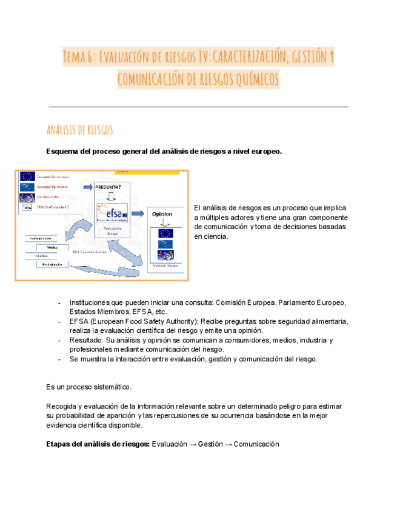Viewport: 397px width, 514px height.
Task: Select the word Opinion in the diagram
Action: pos(162,214)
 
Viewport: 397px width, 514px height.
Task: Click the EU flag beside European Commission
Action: pos(27,177)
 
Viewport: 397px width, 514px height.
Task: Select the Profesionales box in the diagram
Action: pos(51,265)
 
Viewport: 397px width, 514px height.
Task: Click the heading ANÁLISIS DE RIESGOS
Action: pos(79,130)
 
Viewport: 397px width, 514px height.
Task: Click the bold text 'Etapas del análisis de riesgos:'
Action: pos(98,444)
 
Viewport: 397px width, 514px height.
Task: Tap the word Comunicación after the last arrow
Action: pos(256,444)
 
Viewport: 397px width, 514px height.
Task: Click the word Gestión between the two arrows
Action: pos(210,444)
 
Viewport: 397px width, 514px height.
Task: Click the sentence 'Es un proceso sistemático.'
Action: pos(88,387)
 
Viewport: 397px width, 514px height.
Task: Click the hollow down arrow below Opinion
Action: pos(165,223)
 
